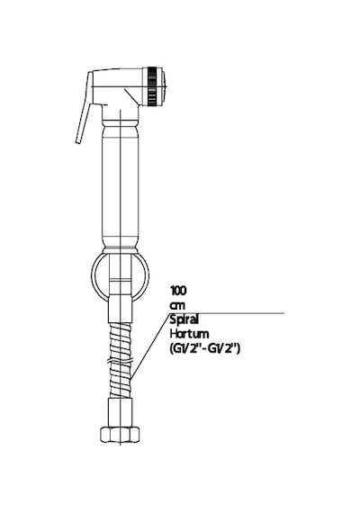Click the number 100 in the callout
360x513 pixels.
[x=177, y=290]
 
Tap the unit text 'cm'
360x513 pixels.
[x=177, y=306]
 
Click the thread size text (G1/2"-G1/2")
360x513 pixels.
[x=205, y=349]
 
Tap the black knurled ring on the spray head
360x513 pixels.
[x=151, y=86]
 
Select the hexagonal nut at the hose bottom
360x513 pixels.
[x=120, y=434]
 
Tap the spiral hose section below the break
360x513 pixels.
[x=121, y=382]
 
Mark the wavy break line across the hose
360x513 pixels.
[x=120, y=362]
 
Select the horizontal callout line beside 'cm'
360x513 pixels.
[x=227, y=313]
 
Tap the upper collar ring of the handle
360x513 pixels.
[x=121, y=123]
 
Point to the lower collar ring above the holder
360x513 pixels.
[x=121, y=249]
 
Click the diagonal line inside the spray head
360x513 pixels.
[x=131, y=96]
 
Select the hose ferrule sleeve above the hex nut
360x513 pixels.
[x=121, y=412]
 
